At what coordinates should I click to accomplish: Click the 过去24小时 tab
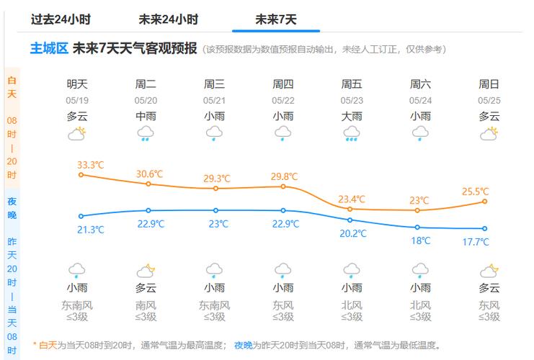tap(61, 19)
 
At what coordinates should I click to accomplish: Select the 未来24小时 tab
tap(168, 19)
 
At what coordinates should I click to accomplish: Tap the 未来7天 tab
tap(275, 19)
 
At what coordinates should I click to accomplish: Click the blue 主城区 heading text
tap(48, 49)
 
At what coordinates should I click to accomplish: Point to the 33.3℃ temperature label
tap(91, 165)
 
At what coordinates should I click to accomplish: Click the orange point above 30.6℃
tap(148, 184)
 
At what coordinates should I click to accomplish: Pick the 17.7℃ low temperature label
tap(476, 242)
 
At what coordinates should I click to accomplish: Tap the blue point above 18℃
tap(417, 228)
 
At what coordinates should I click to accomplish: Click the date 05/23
tap(352, 101)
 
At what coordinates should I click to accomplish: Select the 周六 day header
tap(420, 84)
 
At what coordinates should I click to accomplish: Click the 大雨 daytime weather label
tap(352, 116)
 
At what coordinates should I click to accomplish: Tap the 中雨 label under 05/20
tap(146, 116)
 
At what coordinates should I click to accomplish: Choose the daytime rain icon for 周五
tap(352, 133)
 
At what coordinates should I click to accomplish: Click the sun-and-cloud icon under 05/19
tap(77, 133)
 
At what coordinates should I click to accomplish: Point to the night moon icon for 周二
tap(146, 271)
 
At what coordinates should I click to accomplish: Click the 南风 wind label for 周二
tap(146, 305)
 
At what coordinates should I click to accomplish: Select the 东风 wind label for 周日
tap(489, 305)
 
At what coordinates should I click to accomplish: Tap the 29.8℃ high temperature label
tap(285, 176)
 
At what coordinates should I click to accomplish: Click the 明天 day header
tap(77, 84)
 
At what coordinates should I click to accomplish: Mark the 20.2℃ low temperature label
tap(353, 233)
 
